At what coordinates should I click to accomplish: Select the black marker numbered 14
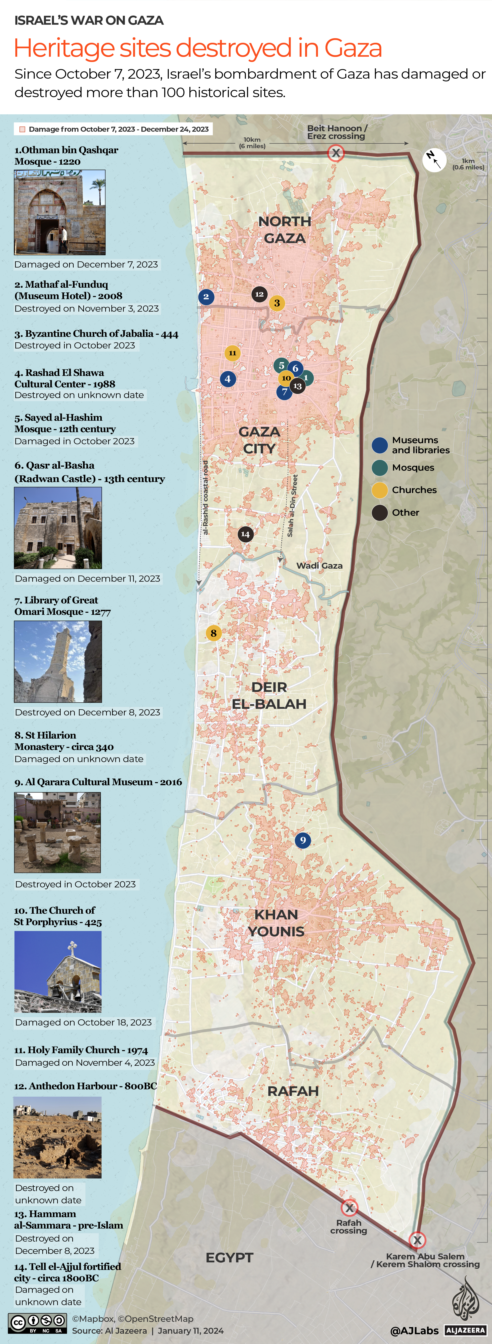click(245, 534)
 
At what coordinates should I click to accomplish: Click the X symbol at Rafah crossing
click(349, 1208)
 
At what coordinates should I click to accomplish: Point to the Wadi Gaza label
click(319, 566)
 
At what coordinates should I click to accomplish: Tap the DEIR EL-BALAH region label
click(269, 696)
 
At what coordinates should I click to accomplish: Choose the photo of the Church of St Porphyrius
click(58, 972)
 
